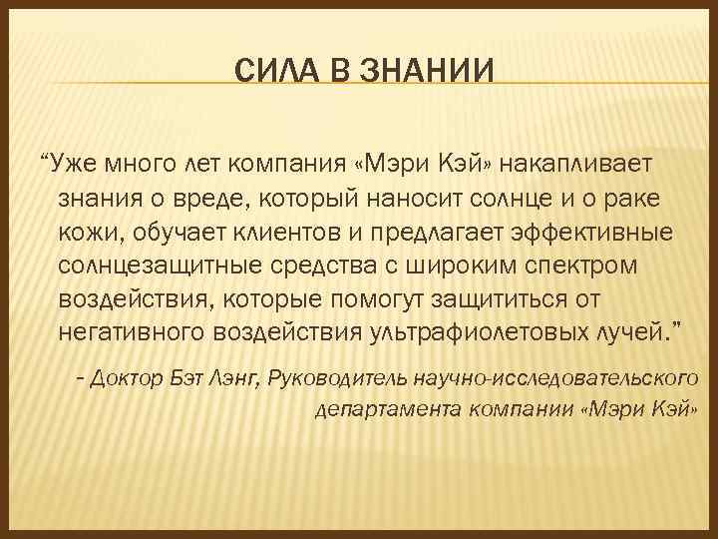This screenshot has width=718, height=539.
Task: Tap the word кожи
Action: [x=82, y=233]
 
